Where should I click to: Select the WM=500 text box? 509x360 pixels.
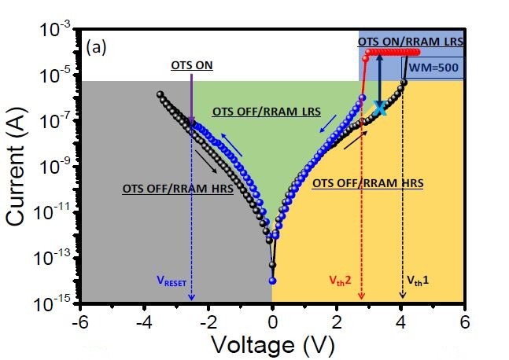[437, 68]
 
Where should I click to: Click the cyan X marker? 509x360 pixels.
[380, 108]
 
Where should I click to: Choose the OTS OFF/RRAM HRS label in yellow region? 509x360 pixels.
[367, 182]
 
